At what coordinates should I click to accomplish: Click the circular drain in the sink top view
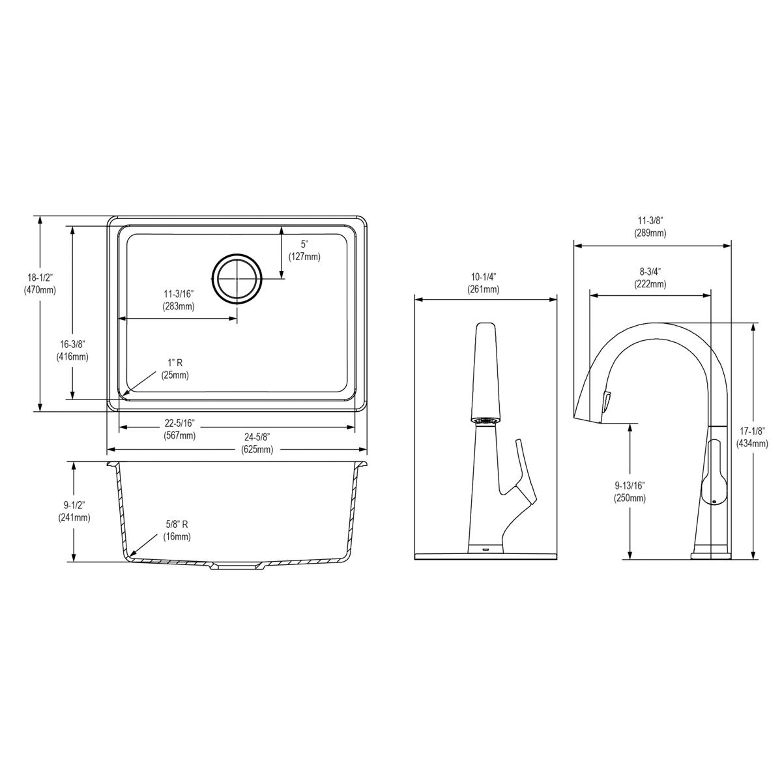[x=238, y=278]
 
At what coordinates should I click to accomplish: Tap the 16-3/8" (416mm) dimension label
[x=72, y=350]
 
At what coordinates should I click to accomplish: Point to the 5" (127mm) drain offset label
[x=304, y=250]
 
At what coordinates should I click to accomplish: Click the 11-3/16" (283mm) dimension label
[x=179, y=300]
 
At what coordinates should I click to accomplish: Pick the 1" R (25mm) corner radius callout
[x=173, y=368]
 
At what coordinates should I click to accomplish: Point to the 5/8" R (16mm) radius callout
[x=175, y=530]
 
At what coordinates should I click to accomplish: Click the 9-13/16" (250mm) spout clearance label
[x=630, y=491]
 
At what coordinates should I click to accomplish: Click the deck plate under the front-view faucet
[x=485, y=555]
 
